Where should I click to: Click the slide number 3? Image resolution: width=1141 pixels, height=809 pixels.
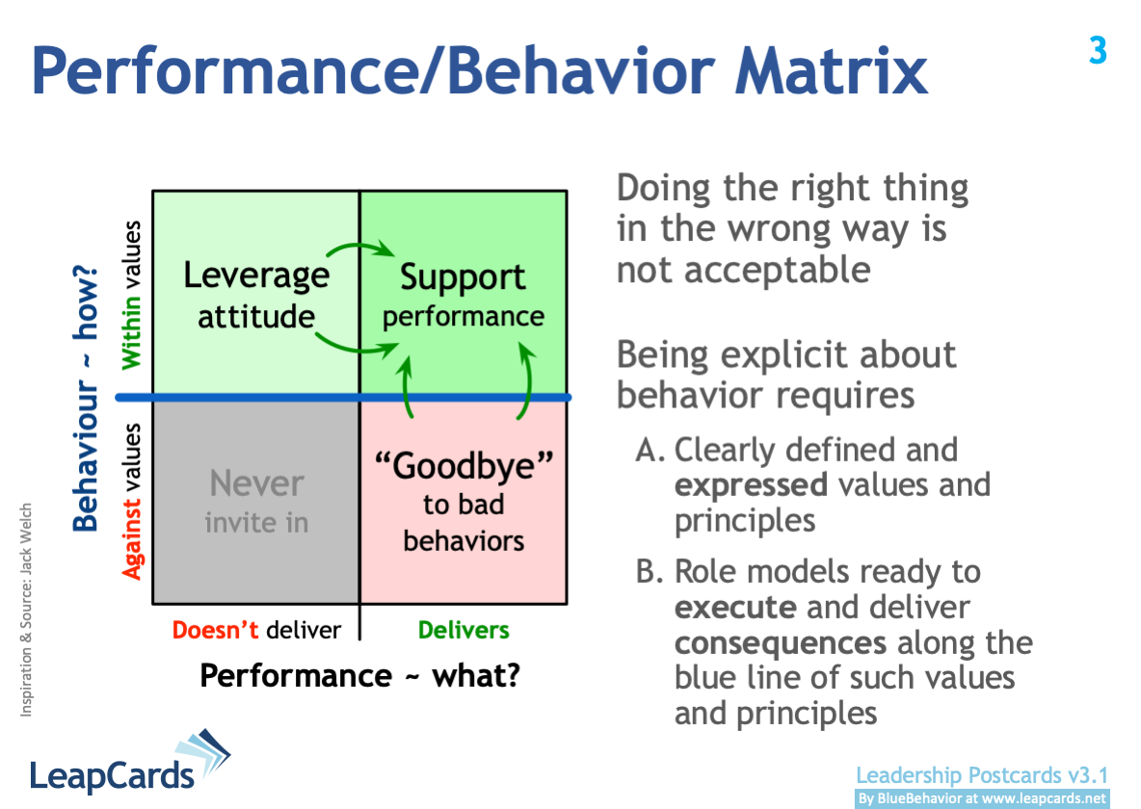coord(1098,49)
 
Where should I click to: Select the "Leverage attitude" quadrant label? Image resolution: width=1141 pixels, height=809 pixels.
coord(256,295)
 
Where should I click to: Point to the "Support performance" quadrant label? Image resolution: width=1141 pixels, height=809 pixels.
coord(464,296)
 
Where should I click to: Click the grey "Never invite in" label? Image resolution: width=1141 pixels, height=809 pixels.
coord(256,502)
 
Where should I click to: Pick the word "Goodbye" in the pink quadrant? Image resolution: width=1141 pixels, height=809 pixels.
coord(464,466)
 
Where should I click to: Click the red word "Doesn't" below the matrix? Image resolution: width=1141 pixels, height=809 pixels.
coord(216,630)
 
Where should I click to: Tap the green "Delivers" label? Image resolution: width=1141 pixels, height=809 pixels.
coord(464,630)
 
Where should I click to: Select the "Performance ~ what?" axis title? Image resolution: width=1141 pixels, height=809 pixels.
coord(359,676)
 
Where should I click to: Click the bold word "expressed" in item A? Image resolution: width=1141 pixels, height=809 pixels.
coord(751,484)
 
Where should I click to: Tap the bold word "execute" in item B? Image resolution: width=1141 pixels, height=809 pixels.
coord(735,608)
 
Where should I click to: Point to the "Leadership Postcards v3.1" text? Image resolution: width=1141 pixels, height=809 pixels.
coord(982,775)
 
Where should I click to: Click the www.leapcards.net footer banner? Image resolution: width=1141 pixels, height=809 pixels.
coord(982,798)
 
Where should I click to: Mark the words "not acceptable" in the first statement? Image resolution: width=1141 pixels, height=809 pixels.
coord(743,270)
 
